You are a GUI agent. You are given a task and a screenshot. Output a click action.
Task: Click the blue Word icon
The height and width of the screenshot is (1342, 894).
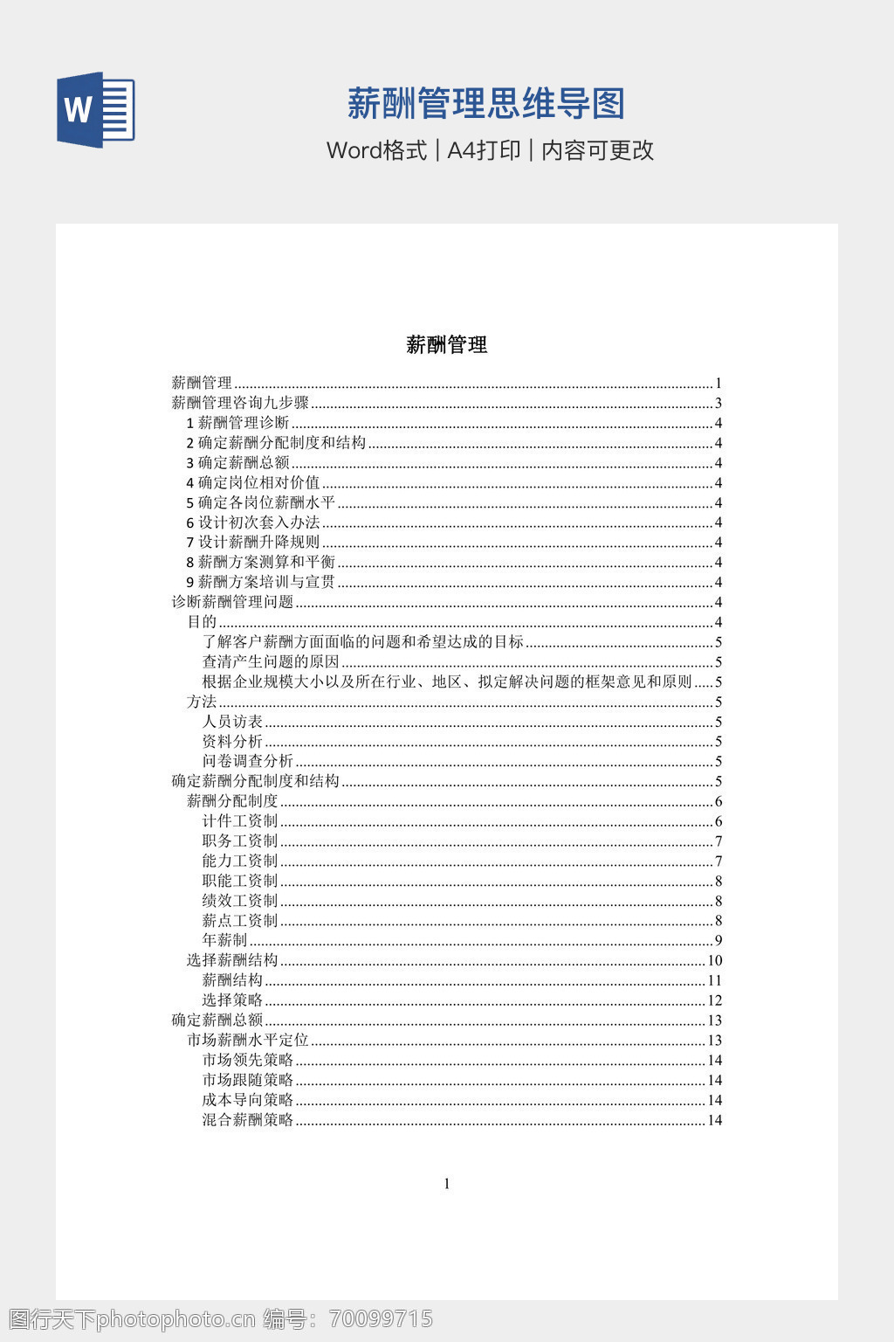coord(96,110)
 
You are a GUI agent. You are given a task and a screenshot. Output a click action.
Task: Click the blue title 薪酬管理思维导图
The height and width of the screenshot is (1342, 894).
coord(486,104)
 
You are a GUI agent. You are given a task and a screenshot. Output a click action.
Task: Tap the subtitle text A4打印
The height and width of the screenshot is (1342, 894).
coord(484,150)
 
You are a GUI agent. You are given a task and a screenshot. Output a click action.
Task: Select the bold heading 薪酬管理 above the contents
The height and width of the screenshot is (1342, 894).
coord(446,345)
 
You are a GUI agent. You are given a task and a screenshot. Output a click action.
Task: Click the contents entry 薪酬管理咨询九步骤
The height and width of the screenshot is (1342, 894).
coord(240,403)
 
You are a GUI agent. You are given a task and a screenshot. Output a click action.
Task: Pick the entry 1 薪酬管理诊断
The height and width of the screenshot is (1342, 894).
coord(237,423)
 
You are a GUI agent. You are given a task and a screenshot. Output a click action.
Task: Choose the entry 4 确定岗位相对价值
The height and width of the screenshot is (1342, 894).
coord(253,482)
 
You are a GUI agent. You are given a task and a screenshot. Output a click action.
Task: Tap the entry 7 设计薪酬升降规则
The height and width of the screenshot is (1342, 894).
coord(253,543)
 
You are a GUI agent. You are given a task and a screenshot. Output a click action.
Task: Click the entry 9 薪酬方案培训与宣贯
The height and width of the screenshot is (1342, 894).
coord(260,582)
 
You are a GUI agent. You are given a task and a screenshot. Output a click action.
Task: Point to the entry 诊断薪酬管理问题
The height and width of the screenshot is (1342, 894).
coord(232,602)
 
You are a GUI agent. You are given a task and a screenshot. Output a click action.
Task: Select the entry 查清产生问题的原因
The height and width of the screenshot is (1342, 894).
coord(271,662)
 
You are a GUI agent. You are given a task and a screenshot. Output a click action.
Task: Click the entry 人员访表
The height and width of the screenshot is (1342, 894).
coord(232,722)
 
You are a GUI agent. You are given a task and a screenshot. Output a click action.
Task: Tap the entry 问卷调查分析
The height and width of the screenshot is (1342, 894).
coord(248,761)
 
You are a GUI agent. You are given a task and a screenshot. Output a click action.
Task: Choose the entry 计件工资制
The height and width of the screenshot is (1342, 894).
coord(240,821)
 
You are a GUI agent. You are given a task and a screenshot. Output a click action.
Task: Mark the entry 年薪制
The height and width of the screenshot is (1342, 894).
coord(224,940)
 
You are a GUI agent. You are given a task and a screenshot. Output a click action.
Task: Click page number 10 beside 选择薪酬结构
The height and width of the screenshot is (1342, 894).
coord(714,960)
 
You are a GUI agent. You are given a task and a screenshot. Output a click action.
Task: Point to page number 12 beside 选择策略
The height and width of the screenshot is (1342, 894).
coord(714,1000)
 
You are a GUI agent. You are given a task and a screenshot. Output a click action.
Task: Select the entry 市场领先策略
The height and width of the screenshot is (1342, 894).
coord(248,1060)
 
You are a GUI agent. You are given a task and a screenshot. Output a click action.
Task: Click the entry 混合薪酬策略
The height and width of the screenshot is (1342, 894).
coord(248,1120)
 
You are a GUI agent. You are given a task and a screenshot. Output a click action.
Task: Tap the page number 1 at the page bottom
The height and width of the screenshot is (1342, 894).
coord(447,1184)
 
